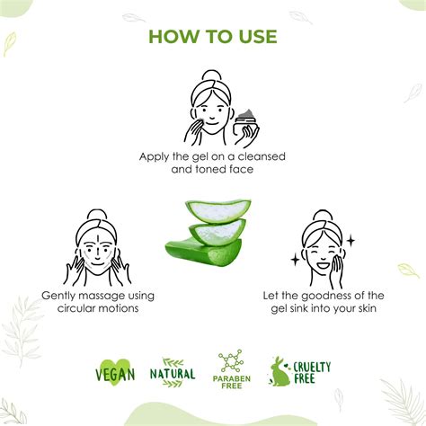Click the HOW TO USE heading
click(213, 37)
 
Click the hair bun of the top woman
click(209, 77)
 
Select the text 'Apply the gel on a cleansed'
click(213, 155)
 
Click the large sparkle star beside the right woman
click(350, 241)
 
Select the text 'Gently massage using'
click(97, 296)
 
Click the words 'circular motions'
click(97, 308)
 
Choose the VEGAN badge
click(114, 371)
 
